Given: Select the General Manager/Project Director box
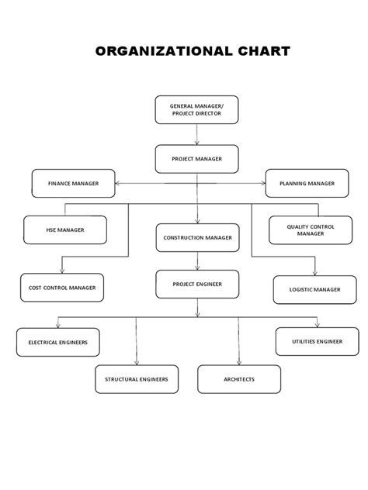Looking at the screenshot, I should [x=196, y=109].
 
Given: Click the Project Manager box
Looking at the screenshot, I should [x=197, y=159].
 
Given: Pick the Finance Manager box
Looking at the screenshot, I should [x=74, y=184].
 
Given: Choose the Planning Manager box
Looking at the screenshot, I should [x=307, y=184].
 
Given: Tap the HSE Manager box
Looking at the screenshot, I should [x=65, y=229].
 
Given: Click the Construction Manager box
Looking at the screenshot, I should [x=197, y=238].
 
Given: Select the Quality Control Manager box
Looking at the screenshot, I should [x=310, y=229].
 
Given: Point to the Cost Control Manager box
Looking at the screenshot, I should [x=61, y=288].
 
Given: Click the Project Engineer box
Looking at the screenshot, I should [x=197, y=284].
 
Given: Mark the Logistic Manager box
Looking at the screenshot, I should [x=314, y=289].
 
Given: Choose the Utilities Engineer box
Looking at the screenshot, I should [x=317, y=341].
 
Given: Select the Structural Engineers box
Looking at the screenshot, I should [x=137, y=379].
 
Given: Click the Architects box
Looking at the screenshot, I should [x=238, y=379].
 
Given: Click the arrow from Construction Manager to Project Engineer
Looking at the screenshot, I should [x=197, y=261].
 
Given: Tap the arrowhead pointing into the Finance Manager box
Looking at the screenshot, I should [x=119, y=184].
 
